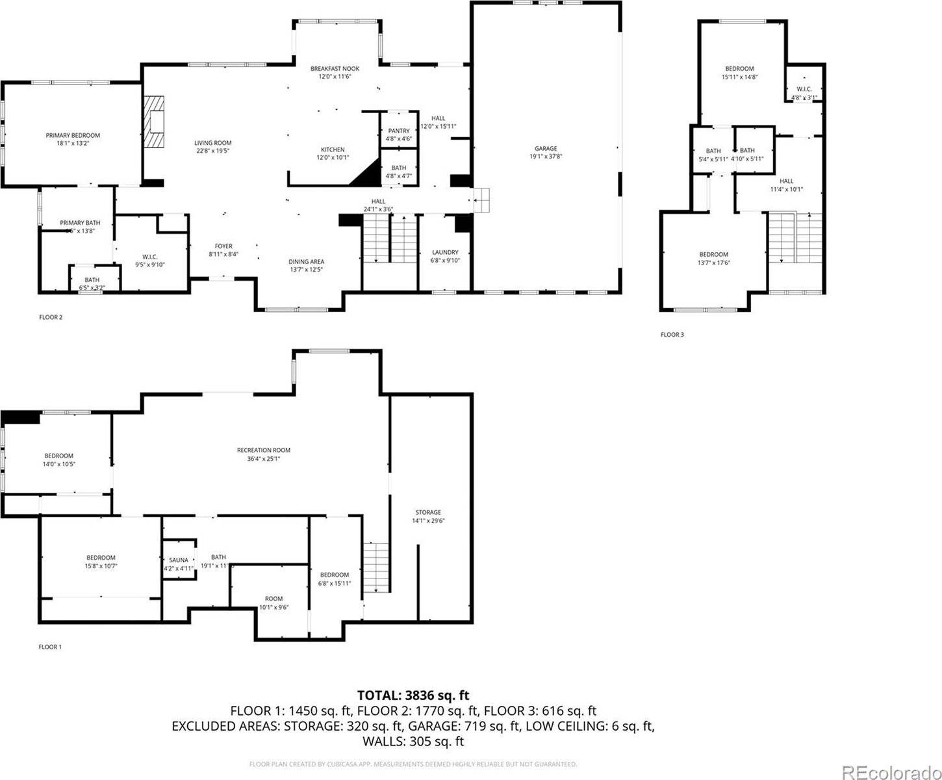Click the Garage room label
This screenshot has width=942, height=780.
546,149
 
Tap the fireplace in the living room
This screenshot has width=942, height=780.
155,122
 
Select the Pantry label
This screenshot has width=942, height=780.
398,131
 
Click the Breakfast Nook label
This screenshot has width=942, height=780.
335,68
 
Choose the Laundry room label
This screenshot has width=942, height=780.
445,252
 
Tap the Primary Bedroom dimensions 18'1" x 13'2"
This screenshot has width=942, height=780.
73,144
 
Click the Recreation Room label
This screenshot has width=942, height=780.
263,450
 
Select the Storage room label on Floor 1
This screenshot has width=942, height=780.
428,512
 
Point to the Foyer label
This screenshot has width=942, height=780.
223,246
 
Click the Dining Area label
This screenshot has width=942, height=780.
306,262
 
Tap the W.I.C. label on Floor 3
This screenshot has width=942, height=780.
804,89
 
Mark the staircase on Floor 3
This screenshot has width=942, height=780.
795,237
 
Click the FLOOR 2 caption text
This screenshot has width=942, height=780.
51,317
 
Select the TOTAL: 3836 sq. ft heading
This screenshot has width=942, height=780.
413,696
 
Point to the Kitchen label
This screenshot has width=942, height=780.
333,149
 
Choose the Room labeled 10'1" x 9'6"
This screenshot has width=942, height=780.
274,599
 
